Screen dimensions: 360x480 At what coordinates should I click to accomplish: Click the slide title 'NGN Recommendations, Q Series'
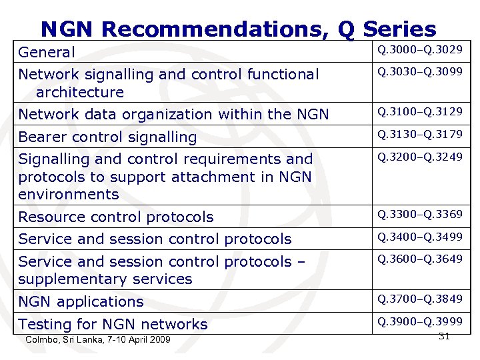(x=238, y=29)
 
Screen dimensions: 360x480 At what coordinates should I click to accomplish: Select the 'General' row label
(x=47, y=52)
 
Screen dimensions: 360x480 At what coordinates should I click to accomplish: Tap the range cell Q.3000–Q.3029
(x=419, y=49)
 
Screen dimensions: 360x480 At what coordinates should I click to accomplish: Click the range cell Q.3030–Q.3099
(x=419, y=71)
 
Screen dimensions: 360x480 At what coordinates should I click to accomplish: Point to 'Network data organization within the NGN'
(x=174, y=115)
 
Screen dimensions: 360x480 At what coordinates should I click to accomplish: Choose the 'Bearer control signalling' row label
(x=107, y=137)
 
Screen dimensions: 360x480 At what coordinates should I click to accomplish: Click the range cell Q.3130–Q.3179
(x=419, y=135)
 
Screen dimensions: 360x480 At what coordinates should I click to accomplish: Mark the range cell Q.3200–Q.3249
(x=419, y=157)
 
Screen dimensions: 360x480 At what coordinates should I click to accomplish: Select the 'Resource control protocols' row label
(x=116, y=217)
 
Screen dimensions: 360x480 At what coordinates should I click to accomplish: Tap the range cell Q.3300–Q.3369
(x=419, y=214)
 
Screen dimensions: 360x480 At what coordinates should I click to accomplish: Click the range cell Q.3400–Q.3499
(x=419, y=237)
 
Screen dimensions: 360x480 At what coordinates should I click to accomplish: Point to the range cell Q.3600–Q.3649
(x=419, y=259)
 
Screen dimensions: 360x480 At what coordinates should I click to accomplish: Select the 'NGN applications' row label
(x=81, y=301)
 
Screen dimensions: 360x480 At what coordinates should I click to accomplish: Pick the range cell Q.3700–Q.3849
(x=419, y=299)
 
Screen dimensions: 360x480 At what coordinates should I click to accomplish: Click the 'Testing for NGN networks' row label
(x=113, y=325)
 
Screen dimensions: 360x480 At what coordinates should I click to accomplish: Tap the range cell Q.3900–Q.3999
(x=419, y=321)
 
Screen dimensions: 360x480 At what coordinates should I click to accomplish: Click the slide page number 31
(x=445, y=337)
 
